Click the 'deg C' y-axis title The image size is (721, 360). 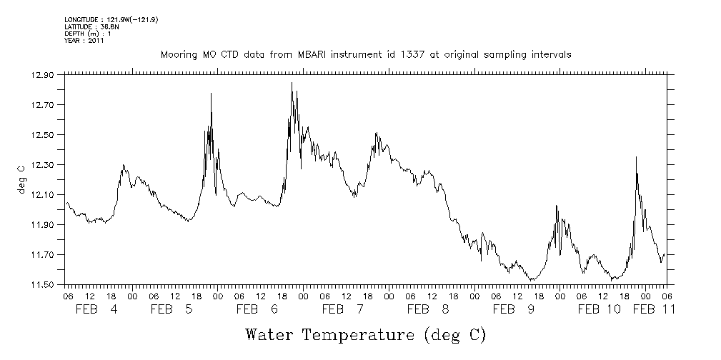point(21,179)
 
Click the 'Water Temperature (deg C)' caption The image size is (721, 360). point(365,334)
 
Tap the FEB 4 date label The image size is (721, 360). point(98,310)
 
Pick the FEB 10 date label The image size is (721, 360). point(599,310)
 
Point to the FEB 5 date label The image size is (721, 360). point(172,310)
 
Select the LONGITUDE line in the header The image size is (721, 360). point(111,19)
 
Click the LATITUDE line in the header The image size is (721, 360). point(86,26)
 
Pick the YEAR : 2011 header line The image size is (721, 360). point(84,41)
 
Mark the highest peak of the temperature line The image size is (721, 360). point(292,83)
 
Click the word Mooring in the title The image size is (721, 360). point(178,55)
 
